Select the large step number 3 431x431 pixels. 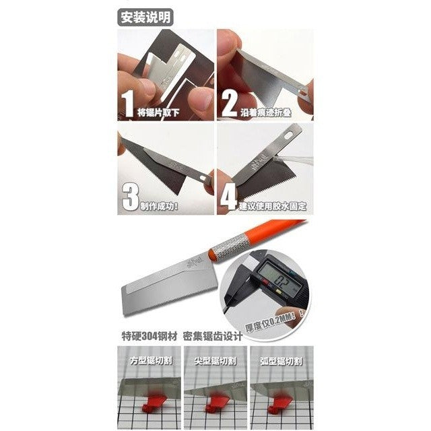coord(129,195)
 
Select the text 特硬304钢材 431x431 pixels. coord(143,335)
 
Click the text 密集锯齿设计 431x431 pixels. coord(215,335)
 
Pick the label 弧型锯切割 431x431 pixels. coord(279,360)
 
